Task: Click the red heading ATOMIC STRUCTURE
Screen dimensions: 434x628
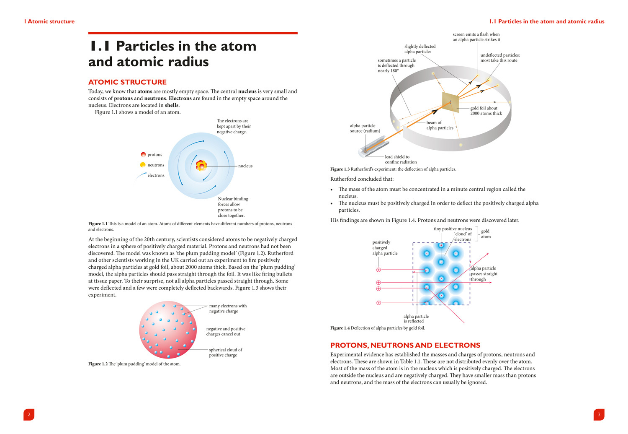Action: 127,82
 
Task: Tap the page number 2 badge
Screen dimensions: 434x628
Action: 29,414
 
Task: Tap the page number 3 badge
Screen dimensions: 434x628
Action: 599,414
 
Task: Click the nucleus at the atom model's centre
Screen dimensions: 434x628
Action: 201,166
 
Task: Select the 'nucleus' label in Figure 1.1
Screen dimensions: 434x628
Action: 245,166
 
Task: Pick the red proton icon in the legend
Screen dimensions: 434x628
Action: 143,155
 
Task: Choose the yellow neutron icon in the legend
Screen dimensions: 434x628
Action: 143,165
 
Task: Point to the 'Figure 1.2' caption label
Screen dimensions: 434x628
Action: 98,364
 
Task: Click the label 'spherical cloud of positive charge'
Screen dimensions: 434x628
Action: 225,352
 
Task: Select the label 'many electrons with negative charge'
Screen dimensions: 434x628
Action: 228,309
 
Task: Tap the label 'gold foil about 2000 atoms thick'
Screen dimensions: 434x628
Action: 486,111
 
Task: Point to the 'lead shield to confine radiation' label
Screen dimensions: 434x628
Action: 401,159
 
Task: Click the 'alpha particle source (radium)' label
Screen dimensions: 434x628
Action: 365,128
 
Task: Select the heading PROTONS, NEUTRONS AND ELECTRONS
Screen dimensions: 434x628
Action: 405,346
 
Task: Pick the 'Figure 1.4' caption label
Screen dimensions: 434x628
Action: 340,328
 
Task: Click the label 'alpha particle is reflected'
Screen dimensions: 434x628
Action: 416,319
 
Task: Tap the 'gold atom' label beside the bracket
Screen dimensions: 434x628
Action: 486,234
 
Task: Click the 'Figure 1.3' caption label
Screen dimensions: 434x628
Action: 340,169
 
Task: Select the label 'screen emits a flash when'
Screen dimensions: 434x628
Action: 476,34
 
